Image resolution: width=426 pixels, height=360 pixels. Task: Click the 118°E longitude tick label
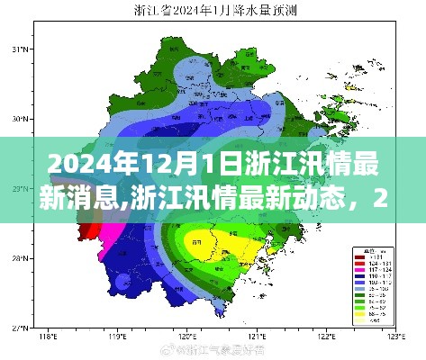pos(40,340)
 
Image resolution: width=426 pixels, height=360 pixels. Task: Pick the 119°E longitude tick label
pos(114,340)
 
